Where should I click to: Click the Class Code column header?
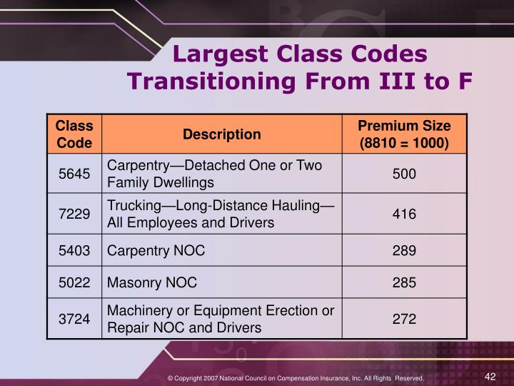click(74, 134)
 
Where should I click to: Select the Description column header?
click(222, 134)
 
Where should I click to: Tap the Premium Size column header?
click(404, 134)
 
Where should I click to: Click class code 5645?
click(74, 174)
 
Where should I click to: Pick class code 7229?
click(74, 214)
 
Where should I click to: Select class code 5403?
click(74, 252)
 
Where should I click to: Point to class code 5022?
click(74, 282)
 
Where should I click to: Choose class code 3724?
click(74, 319)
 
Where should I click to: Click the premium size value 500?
click(404, 174)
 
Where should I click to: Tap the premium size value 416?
click(404, 214)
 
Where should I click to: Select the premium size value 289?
click(404, 252)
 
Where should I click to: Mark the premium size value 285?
click(404, 282)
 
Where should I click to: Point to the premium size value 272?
click(404, 319)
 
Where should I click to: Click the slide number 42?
click(490, 376)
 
